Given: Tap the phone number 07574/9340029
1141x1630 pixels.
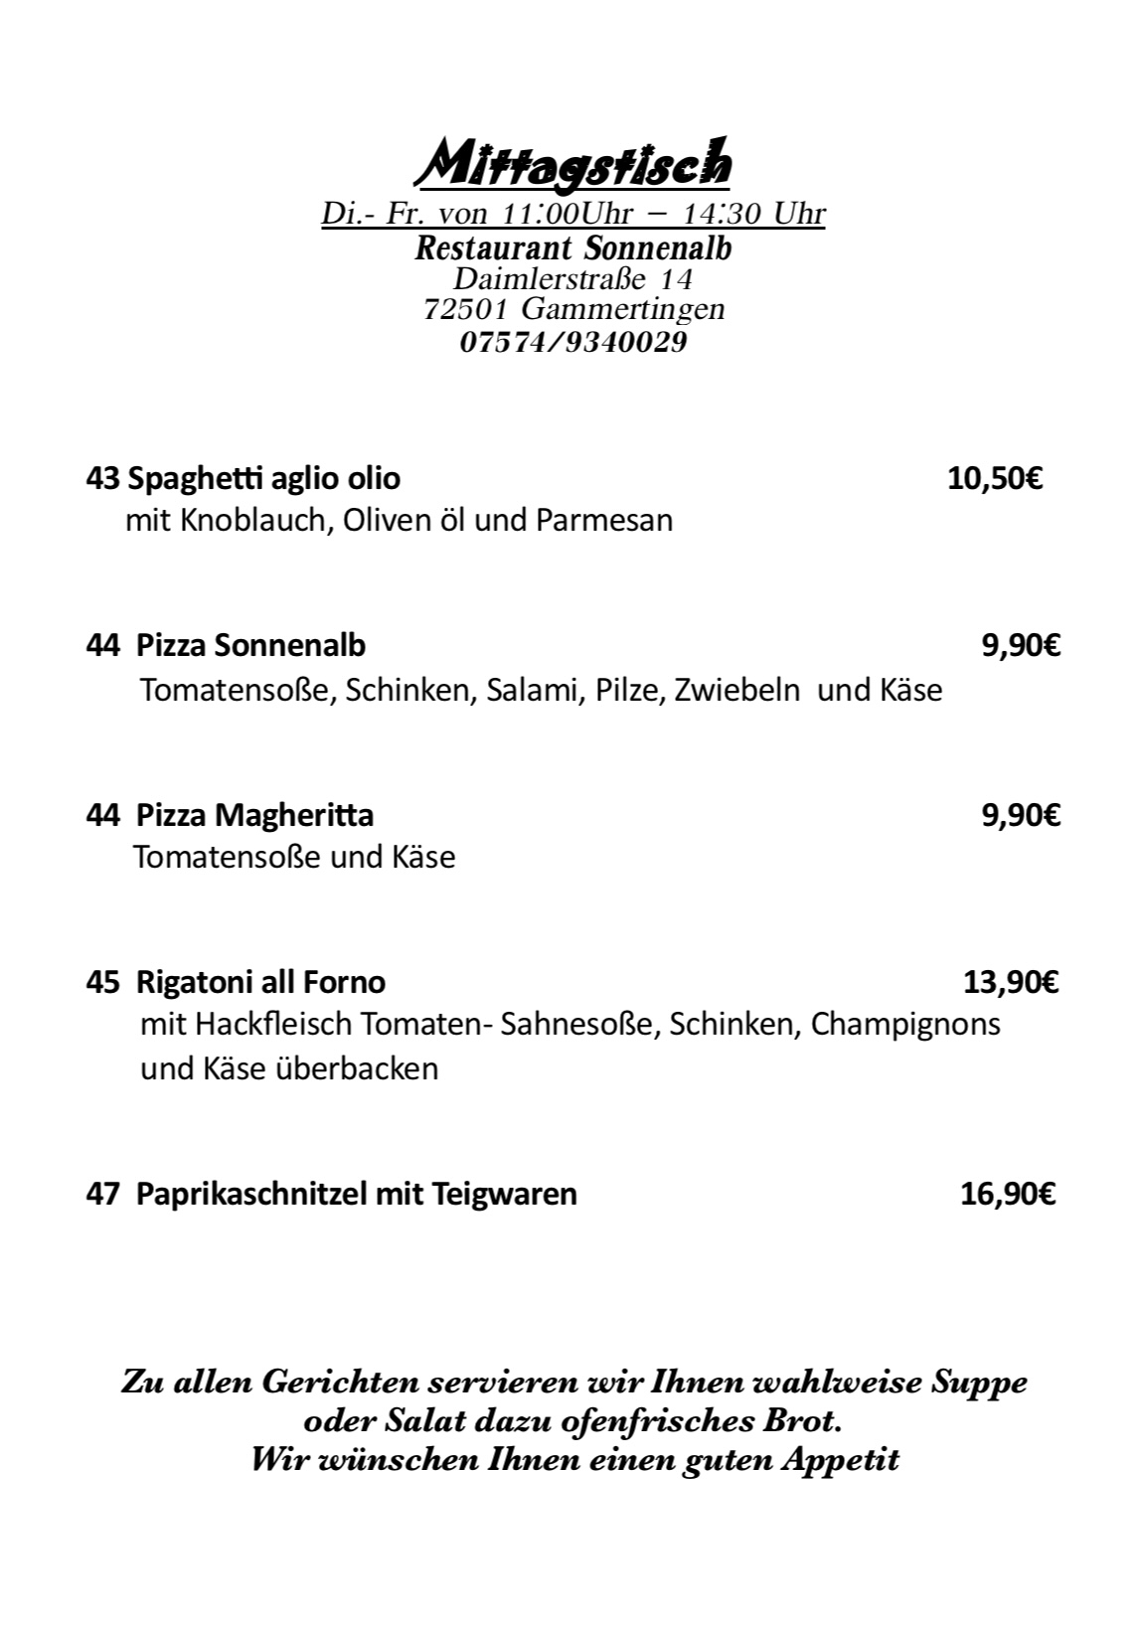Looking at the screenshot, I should click(573, 343).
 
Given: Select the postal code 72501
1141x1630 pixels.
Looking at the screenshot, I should click(466, 310).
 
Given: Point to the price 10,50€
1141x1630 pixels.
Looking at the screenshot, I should click(994, 479).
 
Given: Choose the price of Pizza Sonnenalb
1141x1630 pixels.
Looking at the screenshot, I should click(1021, 646).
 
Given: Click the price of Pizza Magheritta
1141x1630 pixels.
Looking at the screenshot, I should click(1021, 816).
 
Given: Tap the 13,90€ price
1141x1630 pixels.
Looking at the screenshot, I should click(1011, 983).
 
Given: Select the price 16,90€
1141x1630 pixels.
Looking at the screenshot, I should click(1008, 1194).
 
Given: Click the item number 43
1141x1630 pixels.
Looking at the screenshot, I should click(102, 479).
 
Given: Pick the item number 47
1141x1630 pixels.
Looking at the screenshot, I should click(102, 1194).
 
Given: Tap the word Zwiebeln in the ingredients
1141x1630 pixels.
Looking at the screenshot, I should click(736, 690).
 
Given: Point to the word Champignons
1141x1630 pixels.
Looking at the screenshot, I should click(905, 1025).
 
